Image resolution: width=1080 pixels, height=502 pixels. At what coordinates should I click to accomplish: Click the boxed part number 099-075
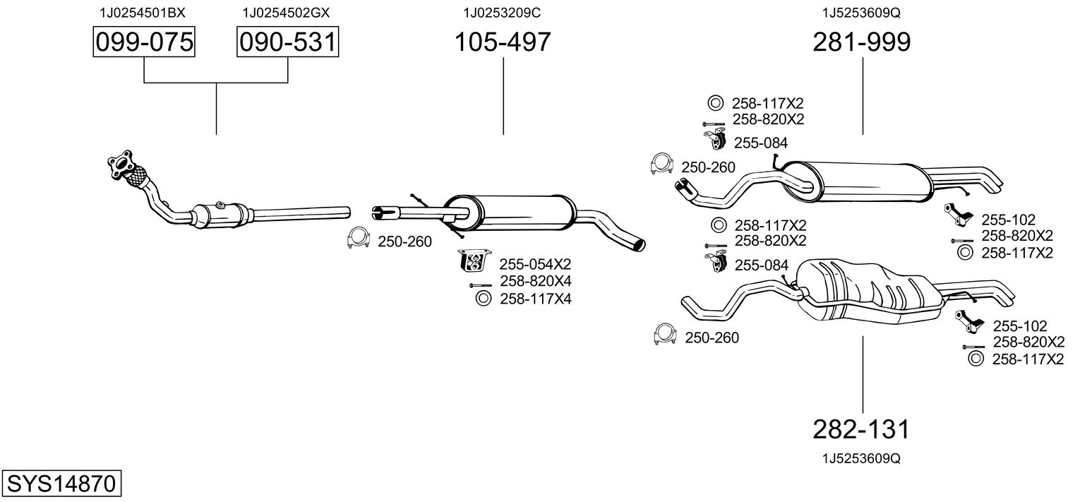click(x=144, y=43)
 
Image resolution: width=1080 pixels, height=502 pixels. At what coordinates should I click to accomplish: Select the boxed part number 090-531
click(x=287, y=43)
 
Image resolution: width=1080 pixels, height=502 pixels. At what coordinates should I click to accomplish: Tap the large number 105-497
click(x=503, y=43)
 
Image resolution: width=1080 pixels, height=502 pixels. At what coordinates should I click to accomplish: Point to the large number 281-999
click(x=862, y=43)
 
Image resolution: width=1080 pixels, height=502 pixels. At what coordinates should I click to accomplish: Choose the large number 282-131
click(x=862, y=429)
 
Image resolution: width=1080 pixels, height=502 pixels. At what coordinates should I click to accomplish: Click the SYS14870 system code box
click(x=61, y=485)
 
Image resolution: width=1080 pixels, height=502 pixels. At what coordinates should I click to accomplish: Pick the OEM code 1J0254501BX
click(x=143, y=13)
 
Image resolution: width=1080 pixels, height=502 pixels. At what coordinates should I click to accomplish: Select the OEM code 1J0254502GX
click(x=286, y=13)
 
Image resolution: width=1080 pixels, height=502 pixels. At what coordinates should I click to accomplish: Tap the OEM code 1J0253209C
click(x=503, y=13)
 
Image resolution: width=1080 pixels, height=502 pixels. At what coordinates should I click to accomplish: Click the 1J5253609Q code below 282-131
click(x=861, y=458)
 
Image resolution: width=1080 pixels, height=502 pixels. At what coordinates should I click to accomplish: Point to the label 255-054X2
click(x=535, y=264)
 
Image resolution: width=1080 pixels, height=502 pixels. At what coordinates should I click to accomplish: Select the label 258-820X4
click(x=535, y=281)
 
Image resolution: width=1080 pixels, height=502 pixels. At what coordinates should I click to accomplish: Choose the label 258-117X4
click(x=535, y=299)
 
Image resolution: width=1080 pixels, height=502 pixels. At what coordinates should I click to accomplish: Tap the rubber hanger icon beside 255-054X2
click(x=475, y=261)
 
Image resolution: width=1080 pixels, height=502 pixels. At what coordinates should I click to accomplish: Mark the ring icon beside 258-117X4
click(x=484, y=299)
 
